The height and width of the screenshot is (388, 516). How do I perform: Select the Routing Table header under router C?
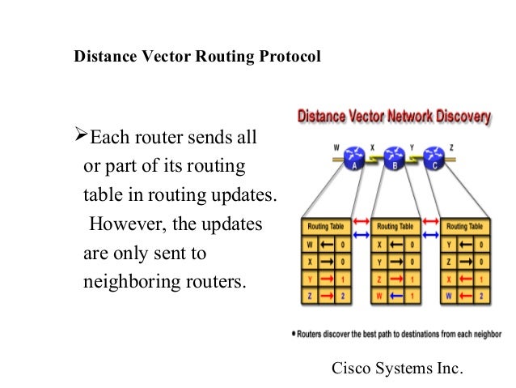[463, 227]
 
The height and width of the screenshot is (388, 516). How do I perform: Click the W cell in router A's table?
[309, 244]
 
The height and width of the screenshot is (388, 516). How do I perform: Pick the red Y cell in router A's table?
[309, 279]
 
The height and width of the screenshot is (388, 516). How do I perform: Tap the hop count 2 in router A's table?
[344, 297]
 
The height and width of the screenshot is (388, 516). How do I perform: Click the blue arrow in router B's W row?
[395, 297]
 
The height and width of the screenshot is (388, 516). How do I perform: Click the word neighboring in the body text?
[123, 284]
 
